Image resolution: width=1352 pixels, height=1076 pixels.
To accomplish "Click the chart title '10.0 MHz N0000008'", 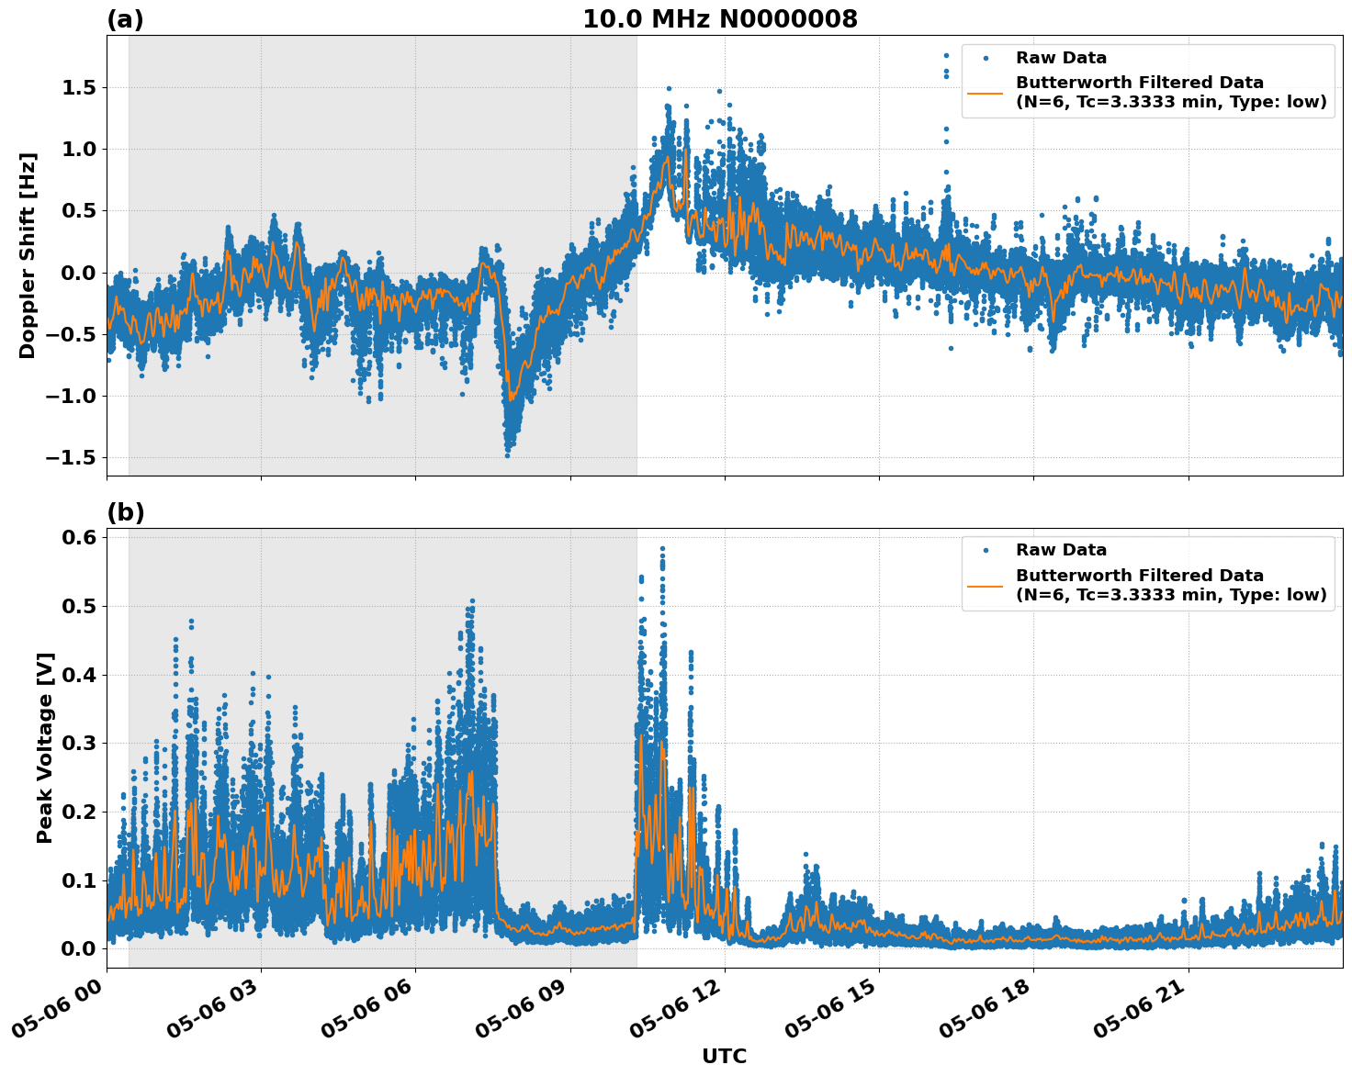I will (x=720, y=19).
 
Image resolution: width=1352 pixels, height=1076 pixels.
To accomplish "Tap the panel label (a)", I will (x=125, y=19).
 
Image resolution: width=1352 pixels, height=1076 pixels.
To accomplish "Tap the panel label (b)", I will (x=125, y=512).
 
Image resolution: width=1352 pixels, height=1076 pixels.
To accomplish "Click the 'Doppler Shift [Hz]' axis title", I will (x=28, y=255).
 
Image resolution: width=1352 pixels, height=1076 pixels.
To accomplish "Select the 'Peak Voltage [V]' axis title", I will (x=45, y=747).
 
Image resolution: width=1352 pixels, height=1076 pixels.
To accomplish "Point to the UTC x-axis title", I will (x=724, y=1056).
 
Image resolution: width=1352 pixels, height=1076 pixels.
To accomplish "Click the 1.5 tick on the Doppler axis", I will (x=80, y=88).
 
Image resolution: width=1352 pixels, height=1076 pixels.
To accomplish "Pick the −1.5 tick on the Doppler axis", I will (x=73, y=458).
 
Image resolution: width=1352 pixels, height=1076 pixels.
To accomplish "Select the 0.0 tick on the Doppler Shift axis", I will (x=80, y=273).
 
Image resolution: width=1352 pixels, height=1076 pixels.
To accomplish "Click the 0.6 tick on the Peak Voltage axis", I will (x=80, y=538).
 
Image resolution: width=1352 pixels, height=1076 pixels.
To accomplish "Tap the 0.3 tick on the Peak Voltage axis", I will (x=80, y=743).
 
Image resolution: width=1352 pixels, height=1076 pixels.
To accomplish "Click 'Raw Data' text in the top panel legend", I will (x=1061, y=58).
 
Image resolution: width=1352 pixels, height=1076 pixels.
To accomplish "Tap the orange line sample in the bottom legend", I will (x=986, y=585).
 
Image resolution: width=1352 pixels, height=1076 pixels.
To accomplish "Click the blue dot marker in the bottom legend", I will (x=986, y=550).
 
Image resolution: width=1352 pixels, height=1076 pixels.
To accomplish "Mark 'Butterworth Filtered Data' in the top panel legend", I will (x=1139, y=83).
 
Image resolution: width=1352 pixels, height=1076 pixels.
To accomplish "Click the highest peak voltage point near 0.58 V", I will (x=662, y=549).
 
